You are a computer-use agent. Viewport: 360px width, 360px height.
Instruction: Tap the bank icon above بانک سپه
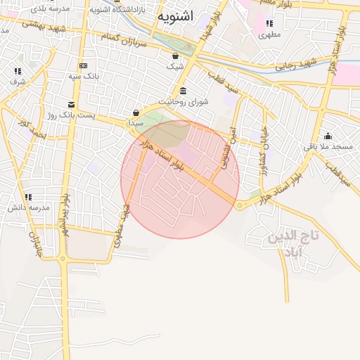click(x=83, y=65)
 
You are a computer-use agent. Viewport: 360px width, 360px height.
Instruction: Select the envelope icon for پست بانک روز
click(x=70, y=105)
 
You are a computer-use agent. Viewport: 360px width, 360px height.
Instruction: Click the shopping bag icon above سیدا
click(x=136, y=112)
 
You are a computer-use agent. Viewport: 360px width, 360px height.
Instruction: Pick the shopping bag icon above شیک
click(x=174, y=56)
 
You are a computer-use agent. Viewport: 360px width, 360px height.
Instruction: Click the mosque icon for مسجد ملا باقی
click(x=328, y=136)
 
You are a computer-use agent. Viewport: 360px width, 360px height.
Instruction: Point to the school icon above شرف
click(x=18, y=71)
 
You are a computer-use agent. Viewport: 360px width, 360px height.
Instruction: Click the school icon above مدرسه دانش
click(x=29, y=198)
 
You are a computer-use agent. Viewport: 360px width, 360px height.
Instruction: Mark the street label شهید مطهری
click(x=122, y=225)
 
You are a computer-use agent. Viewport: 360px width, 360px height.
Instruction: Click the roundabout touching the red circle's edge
click(x=240, y=205)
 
